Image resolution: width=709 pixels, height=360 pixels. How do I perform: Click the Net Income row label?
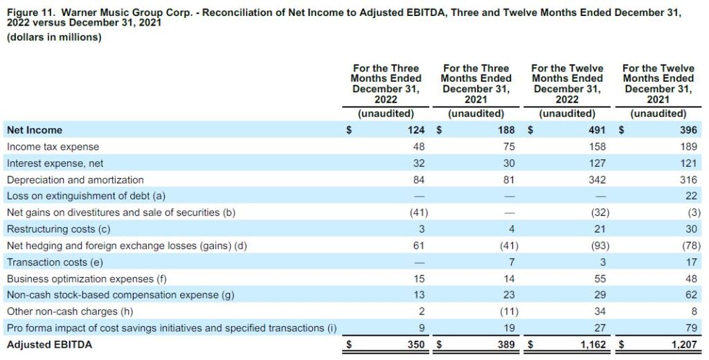click(35, 130)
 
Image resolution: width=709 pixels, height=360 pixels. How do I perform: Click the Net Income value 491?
click(597, 130)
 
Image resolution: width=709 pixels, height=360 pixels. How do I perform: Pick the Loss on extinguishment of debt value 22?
click(692, 197)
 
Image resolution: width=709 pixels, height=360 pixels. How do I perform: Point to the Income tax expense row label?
click(53, 147)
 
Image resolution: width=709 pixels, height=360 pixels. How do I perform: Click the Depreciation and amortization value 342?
click(597, 180)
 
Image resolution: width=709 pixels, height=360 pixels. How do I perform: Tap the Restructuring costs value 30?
click(692, 229)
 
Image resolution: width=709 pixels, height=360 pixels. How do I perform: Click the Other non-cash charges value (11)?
click(509, 312)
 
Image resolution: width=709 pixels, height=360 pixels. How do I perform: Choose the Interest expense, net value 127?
click(597, 163)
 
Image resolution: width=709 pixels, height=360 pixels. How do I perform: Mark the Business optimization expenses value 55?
click(600, 278)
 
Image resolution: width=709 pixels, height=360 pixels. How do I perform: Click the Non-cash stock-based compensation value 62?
click(692, 296)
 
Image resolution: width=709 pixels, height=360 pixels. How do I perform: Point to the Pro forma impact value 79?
click(692, 328)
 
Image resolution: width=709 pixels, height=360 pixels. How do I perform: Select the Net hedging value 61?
click(419, 246)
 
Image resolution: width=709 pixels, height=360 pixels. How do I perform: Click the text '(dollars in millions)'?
click(54, 37)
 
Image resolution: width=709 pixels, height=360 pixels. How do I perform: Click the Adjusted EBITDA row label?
click(49, 345)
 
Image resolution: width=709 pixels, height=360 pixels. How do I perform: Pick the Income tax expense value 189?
click(689, 147)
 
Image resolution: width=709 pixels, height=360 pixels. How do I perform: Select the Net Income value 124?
click(416, 130)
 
